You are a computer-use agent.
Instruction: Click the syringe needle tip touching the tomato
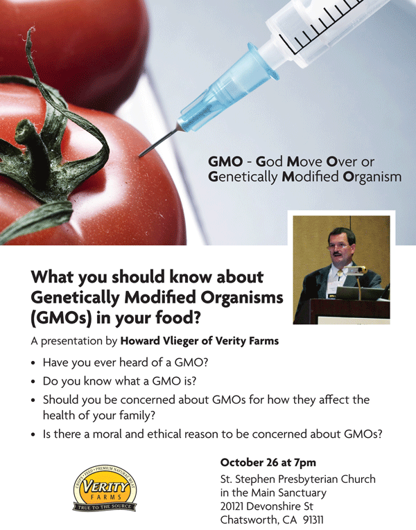coord(139,156)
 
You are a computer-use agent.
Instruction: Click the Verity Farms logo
coord(105,488)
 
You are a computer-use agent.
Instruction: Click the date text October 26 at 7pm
coord(268,462)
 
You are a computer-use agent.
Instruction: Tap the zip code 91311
coord(313,519)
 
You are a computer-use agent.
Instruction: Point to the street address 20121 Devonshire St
coord(266,506)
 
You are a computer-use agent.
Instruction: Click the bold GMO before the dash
coord(225,161)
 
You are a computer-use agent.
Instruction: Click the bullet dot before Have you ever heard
coord(33,363)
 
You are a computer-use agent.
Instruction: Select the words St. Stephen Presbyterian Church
coord(298,479)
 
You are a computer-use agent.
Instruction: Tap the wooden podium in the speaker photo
coord(348,311)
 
